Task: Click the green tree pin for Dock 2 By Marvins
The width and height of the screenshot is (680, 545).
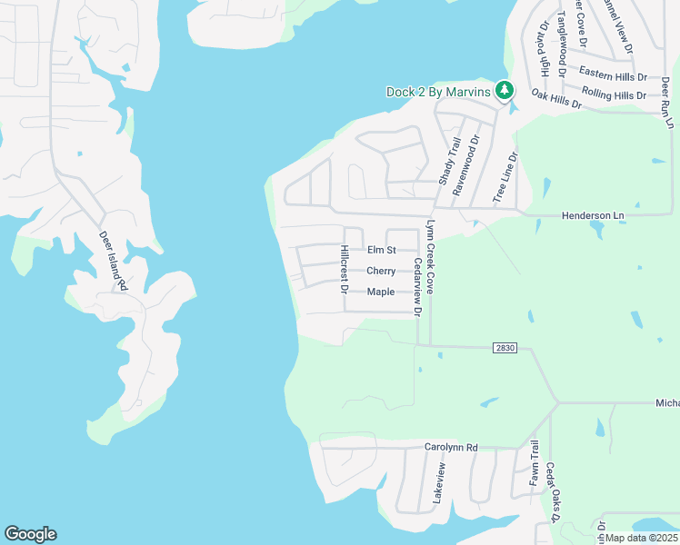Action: pyautogui.click(x=505, y=91)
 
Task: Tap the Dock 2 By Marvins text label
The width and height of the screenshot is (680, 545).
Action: pyautogui.click(x=438, y=92)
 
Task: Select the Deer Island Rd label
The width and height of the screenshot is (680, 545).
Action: pyautogui.click(x=112, y=261)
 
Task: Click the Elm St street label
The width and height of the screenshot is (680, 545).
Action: pyautogui.click(x=382, y=250)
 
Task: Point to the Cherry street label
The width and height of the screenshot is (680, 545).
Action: pyautogui.click(x=380, y=271)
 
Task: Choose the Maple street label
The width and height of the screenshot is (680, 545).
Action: pyautogui.click(x=380, y=292)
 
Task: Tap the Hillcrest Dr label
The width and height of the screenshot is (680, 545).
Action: pyautogui.click(x=345, y=270)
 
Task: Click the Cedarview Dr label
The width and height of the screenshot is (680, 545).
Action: pyautogui.click(x=417, y=286)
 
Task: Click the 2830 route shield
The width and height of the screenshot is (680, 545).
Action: pyautogui.click(x=506, y=347)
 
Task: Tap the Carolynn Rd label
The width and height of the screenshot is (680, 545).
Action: pyautogui.click(x=451, y=447)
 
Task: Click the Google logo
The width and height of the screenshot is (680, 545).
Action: pyautogui.click(x=30, y=534)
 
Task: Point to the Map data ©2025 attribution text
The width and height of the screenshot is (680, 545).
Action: pyautogui.click(x=642, y=538)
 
